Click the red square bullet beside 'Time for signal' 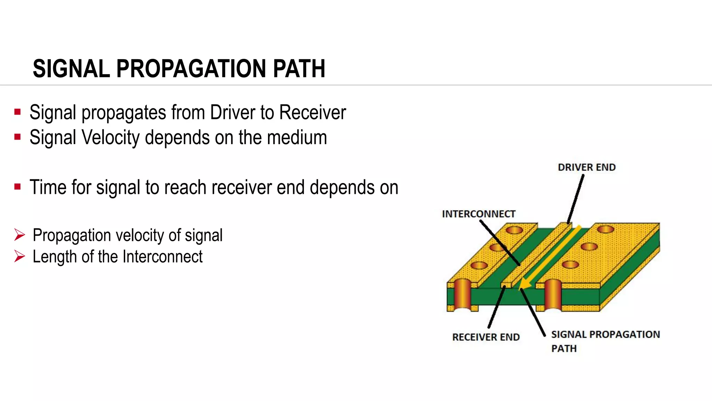tap(17, 187)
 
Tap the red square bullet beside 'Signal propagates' tap(17, 112)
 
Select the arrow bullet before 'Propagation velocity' tap(20, 235)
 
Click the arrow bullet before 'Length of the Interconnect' tap(20, 257)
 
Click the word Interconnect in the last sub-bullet tap(162, 257)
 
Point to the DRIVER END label tap(586, 167)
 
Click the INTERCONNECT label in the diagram tap(478, 214)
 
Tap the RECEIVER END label tap(486, 337)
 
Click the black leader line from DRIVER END tap(576, 198)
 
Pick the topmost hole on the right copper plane tap(605, 229)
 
